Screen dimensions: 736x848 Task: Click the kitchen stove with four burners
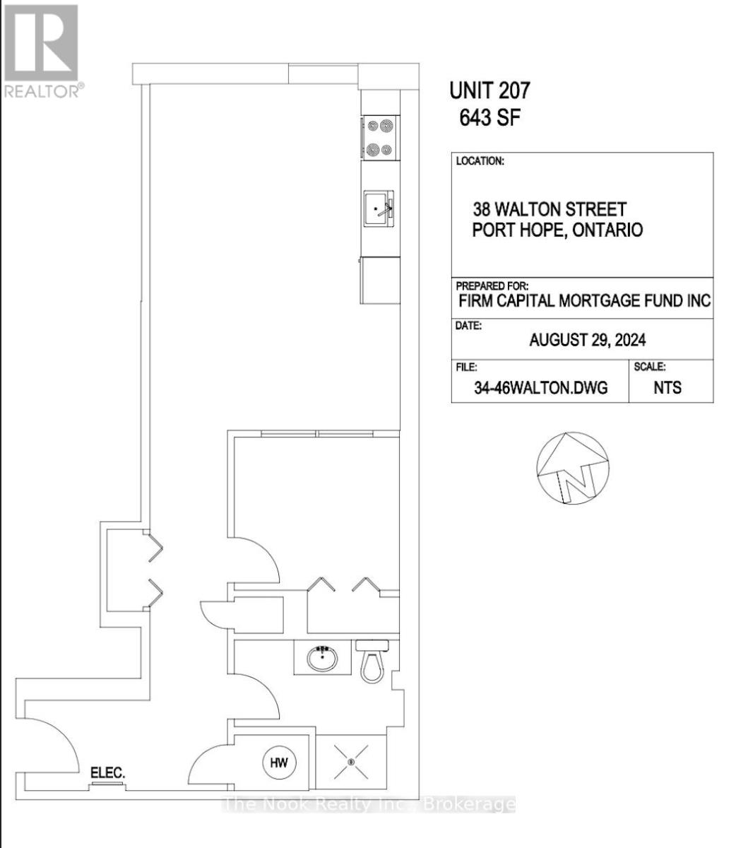click(380, 138)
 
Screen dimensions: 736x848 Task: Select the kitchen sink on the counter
click(379, 208)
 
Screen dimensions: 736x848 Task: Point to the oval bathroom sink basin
click(322, 658)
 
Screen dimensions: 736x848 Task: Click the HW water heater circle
click(279, 762)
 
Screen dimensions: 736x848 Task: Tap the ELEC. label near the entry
click(107, 772)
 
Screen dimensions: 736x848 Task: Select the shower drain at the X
click(351, 762)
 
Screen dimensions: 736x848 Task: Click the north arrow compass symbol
click(572, 468)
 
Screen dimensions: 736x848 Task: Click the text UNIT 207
click(489, 90)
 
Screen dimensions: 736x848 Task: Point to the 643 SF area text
click(489, 118)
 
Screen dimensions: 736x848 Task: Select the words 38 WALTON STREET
click(550, 209)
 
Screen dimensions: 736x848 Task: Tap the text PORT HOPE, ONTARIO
click(557, 230)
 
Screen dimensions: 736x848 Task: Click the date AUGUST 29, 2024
click(587, 340)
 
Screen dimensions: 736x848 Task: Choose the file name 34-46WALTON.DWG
click(541, 387)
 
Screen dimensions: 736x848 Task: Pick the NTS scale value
click(667, 387)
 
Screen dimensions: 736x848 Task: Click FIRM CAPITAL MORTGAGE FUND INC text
click(584, 301)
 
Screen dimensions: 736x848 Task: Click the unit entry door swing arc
click(62, 734)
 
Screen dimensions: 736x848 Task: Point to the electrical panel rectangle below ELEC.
click(107, 785)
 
